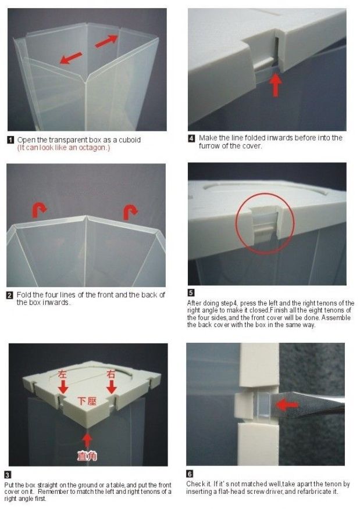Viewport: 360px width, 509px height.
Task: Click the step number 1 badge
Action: (10, 140)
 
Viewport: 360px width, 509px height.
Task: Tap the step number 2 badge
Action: (10, 295)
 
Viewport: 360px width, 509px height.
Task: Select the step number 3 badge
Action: (8, 475)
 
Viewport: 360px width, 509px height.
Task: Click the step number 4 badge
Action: (192, 138)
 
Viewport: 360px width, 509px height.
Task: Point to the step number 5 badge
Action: (191, 293)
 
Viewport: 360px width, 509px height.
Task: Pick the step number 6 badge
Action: (190, 474)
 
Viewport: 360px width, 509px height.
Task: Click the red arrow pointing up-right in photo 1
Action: (106, 41)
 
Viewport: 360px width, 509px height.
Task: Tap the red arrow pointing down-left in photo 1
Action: (71, 58)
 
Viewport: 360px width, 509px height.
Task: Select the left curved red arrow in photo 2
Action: (40, 210)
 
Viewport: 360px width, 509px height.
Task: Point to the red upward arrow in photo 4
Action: (276, 85)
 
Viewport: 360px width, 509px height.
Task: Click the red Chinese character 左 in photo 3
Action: (62, 374)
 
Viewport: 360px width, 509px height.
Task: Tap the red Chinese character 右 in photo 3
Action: (111, 374)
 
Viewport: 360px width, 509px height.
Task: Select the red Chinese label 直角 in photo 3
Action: (87, 456)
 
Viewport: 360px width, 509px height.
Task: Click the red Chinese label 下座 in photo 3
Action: (87, 401)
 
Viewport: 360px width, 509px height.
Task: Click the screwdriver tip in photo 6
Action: (272, 403)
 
